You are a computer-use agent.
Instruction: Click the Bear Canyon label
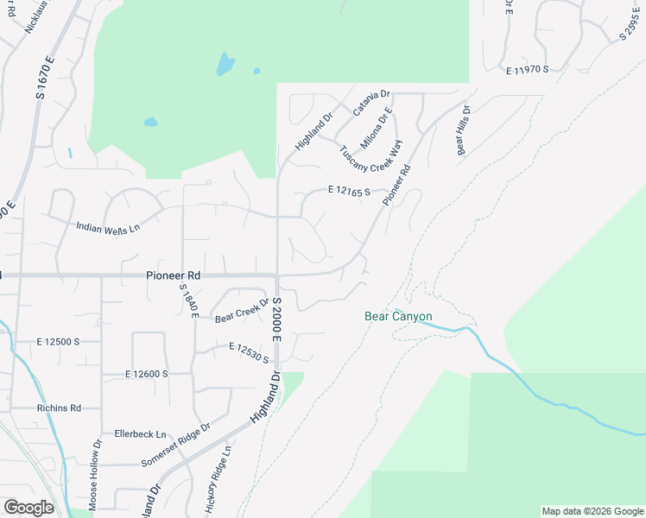click(398, 316)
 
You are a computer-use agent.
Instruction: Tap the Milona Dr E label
click(377, 128)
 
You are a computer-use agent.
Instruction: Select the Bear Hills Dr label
click(463, 130)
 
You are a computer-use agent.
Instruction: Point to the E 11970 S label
click(529, 69)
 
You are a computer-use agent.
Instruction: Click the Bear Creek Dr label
click(243, 309)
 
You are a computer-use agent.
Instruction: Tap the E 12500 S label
click(57, 342)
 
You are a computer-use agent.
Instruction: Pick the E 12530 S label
click(249, 352)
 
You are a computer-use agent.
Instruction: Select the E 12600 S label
click(145, 374)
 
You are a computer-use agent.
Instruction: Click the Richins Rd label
click(58, 408)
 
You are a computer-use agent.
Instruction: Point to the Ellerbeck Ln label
click(140, 433)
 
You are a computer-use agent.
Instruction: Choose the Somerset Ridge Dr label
click(176, 445)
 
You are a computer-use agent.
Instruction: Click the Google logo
click(28, 508)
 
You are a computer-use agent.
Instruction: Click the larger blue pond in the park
click(225, 63)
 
